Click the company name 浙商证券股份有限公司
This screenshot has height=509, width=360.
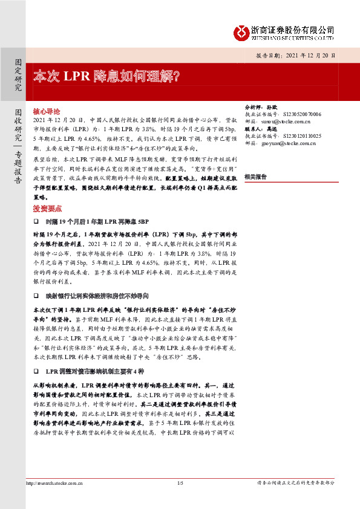293,29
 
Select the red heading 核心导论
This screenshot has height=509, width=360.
47,112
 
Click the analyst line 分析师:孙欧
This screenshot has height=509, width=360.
258,105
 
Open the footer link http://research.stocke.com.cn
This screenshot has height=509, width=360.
56,482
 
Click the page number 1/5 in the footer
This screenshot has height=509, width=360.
180,482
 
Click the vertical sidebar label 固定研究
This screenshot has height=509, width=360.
18,77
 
